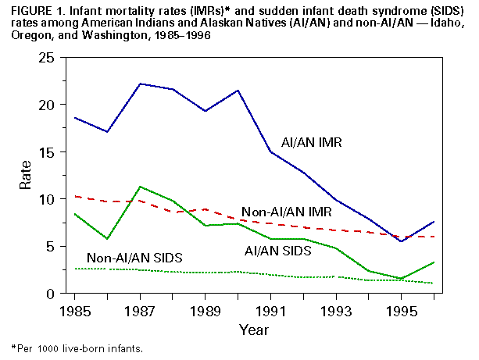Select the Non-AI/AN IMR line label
(287, 212)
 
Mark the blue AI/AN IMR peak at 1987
(139, 84)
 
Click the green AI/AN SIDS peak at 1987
(139, 187)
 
